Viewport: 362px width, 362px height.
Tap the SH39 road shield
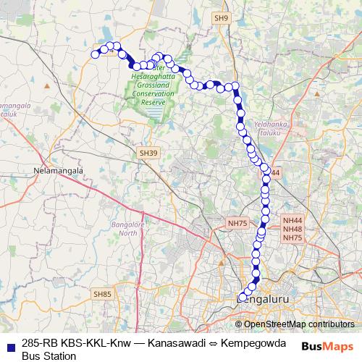[x=148, y=153]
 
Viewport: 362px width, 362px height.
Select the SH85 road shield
[x=103, y=293]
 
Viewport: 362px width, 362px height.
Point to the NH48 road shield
[x=292, y=229]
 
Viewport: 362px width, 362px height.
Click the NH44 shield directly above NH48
[x=292, y=220]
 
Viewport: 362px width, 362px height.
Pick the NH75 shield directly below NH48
[x=292, y=237]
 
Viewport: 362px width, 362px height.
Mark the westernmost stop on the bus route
[x=95, y=54]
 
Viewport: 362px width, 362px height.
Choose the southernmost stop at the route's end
[x=243, y=297]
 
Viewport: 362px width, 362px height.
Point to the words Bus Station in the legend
[x=49, y=355]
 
